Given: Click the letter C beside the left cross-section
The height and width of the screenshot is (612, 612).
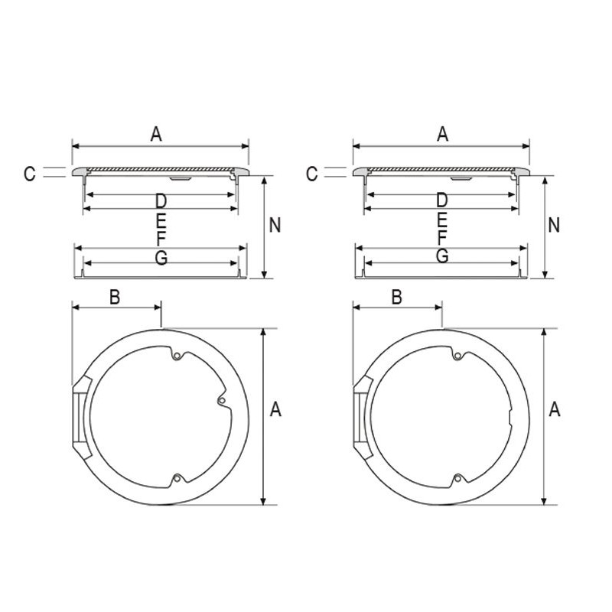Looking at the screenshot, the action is tap(30, 174).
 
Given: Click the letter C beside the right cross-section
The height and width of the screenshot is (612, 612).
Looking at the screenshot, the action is tap(312, 174).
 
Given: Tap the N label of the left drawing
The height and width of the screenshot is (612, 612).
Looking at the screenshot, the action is tap(275, 225).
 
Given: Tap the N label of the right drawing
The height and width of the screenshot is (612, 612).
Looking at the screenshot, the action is tap(554, 225).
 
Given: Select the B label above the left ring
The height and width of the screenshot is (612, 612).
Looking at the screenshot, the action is tap(114, 297).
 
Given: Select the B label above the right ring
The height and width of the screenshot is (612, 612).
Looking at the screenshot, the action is tap(396, 297).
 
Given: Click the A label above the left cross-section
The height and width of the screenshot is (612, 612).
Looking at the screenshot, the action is tap(156, 135).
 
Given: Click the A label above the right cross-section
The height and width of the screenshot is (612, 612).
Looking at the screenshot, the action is tap(443, 135).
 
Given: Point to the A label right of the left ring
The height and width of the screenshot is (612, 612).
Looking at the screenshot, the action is tap(275, 409).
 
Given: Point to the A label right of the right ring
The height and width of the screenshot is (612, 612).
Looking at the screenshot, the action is tap(555, 409).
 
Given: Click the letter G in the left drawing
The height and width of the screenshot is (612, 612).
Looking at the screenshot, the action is tap(161, 258).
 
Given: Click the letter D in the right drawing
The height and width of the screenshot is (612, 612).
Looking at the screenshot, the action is tap(442, 200).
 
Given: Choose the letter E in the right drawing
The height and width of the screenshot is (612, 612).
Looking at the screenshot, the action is tap(442, 221).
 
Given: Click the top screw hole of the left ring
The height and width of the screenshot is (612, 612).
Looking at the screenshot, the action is tap(177, 356).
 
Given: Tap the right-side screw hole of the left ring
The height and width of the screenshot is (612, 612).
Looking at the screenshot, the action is tap(221, 400).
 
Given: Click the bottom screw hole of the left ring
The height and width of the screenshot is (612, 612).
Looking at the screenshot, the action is tap(177, 477).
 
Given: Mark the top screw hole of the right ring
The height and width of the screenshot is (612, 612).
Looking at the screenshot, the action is tap(457, 356).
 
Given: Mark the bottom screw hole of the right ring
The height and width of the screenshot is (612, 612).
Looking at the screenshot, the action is tap(457, 477).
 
